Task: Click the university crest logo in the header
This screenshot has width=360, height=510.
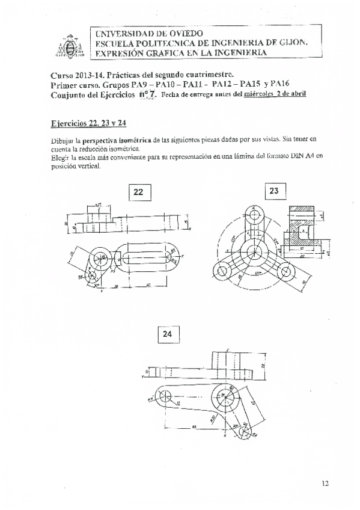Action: click(x=68, y=43)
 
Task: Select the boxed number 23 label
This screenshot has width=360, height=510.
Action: click(x=275, y=191)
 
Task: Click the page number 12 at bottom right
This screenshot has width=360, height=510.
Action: click(x=325, y=482)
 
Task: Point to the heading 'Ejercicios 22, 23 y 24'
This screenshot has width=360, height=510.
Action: click(x=89, y=123)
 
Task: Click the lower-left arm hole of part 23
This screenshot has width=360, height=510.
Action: click(x=226, y=272)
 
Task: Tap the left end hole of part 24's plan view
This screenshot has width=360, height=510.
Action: click(x=164, y=396)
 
